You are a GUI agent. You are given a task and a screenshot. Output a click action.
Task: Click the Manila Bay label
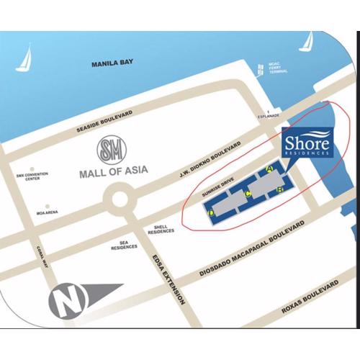click(x=113, y=64)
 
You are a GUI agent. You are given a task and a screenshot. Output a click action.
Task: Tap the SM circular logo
click(x=112, y=151)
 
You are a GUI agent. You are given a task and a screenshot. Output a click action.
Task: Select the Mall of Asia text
click(x=112, y=173)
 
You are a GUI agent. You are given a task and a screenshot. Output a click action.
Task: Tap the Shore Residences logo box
click(x=306, y=142)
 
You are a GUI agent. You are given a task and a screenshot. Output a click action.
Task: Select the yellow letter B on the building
click(x=279, y=190)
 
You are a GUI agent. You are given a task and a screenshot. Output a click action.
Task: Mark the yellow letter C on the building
click(x=248, y=193)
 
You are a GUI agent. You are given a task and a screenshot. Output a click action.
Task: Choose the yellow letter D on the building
click(x=211, y=213)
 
